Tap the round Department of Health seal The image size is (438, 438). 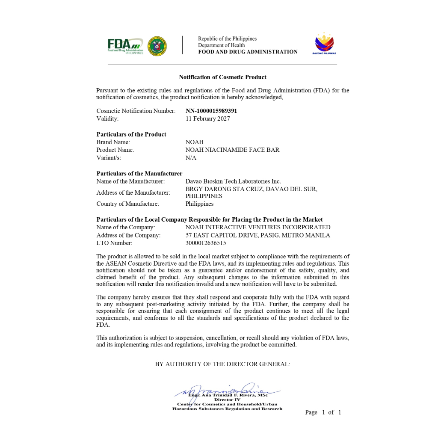[157, 46]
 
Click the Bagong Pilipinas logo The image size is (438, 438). [325, 44]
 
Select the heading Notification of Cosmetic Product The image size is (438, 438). [222, 77]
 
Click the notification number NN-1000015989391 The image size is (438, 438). [211, 111]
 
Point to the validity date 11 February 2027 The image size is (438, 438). [207, 118]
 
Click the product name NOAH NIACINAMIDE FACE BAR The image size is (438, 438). [232, 150]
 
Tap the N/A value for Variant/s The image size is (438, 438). [191, 158]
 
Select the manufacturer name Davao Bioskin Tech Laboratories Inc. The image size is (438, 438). [233, 181]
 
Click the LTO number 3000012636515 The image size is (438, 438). [205, 243]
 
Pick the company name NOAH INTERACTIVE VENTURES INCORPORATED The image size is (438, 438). [257, 227]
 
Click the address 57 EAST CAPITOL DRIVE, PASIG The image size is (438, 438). [257, 235]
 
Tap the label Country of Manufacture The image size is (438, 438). [127, 204]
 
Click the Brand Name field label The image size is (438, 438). [113, 142]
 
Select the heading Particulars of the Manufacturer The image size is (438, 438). [139, 174]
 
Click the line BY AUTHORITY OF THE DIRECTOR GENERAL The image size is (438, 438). [222, 364]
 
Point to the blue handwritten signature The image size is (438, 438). [227, 391]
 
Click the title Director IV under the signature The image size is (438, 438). [227, 400]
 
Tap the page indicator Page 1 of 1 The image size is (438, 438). [323, 412]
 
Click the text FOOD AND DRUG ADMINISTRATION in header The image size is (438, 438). [248, 52]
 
